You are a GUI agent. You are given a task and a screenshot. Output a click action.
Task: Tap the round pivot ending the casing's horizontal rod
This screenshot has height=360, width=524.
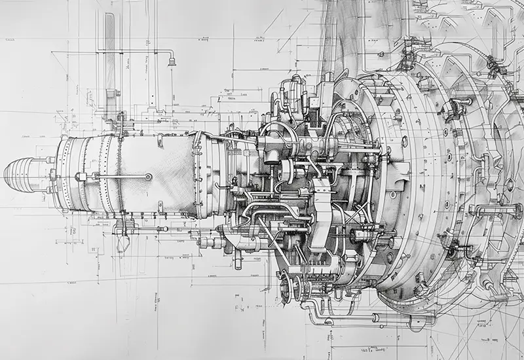tap(149, 176)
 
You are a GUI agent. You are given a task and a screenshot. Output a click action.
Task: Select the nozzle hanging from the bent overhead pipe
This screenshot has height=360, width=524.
tap(172, 62)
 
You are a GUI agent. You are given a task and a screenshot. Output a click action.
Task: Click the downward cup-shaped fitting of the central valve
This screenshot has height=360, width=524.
tap(271, 157)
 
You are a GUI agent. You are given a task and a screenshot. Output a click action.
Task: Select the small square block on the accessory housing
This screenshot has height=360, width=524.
tap(322, 188)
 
